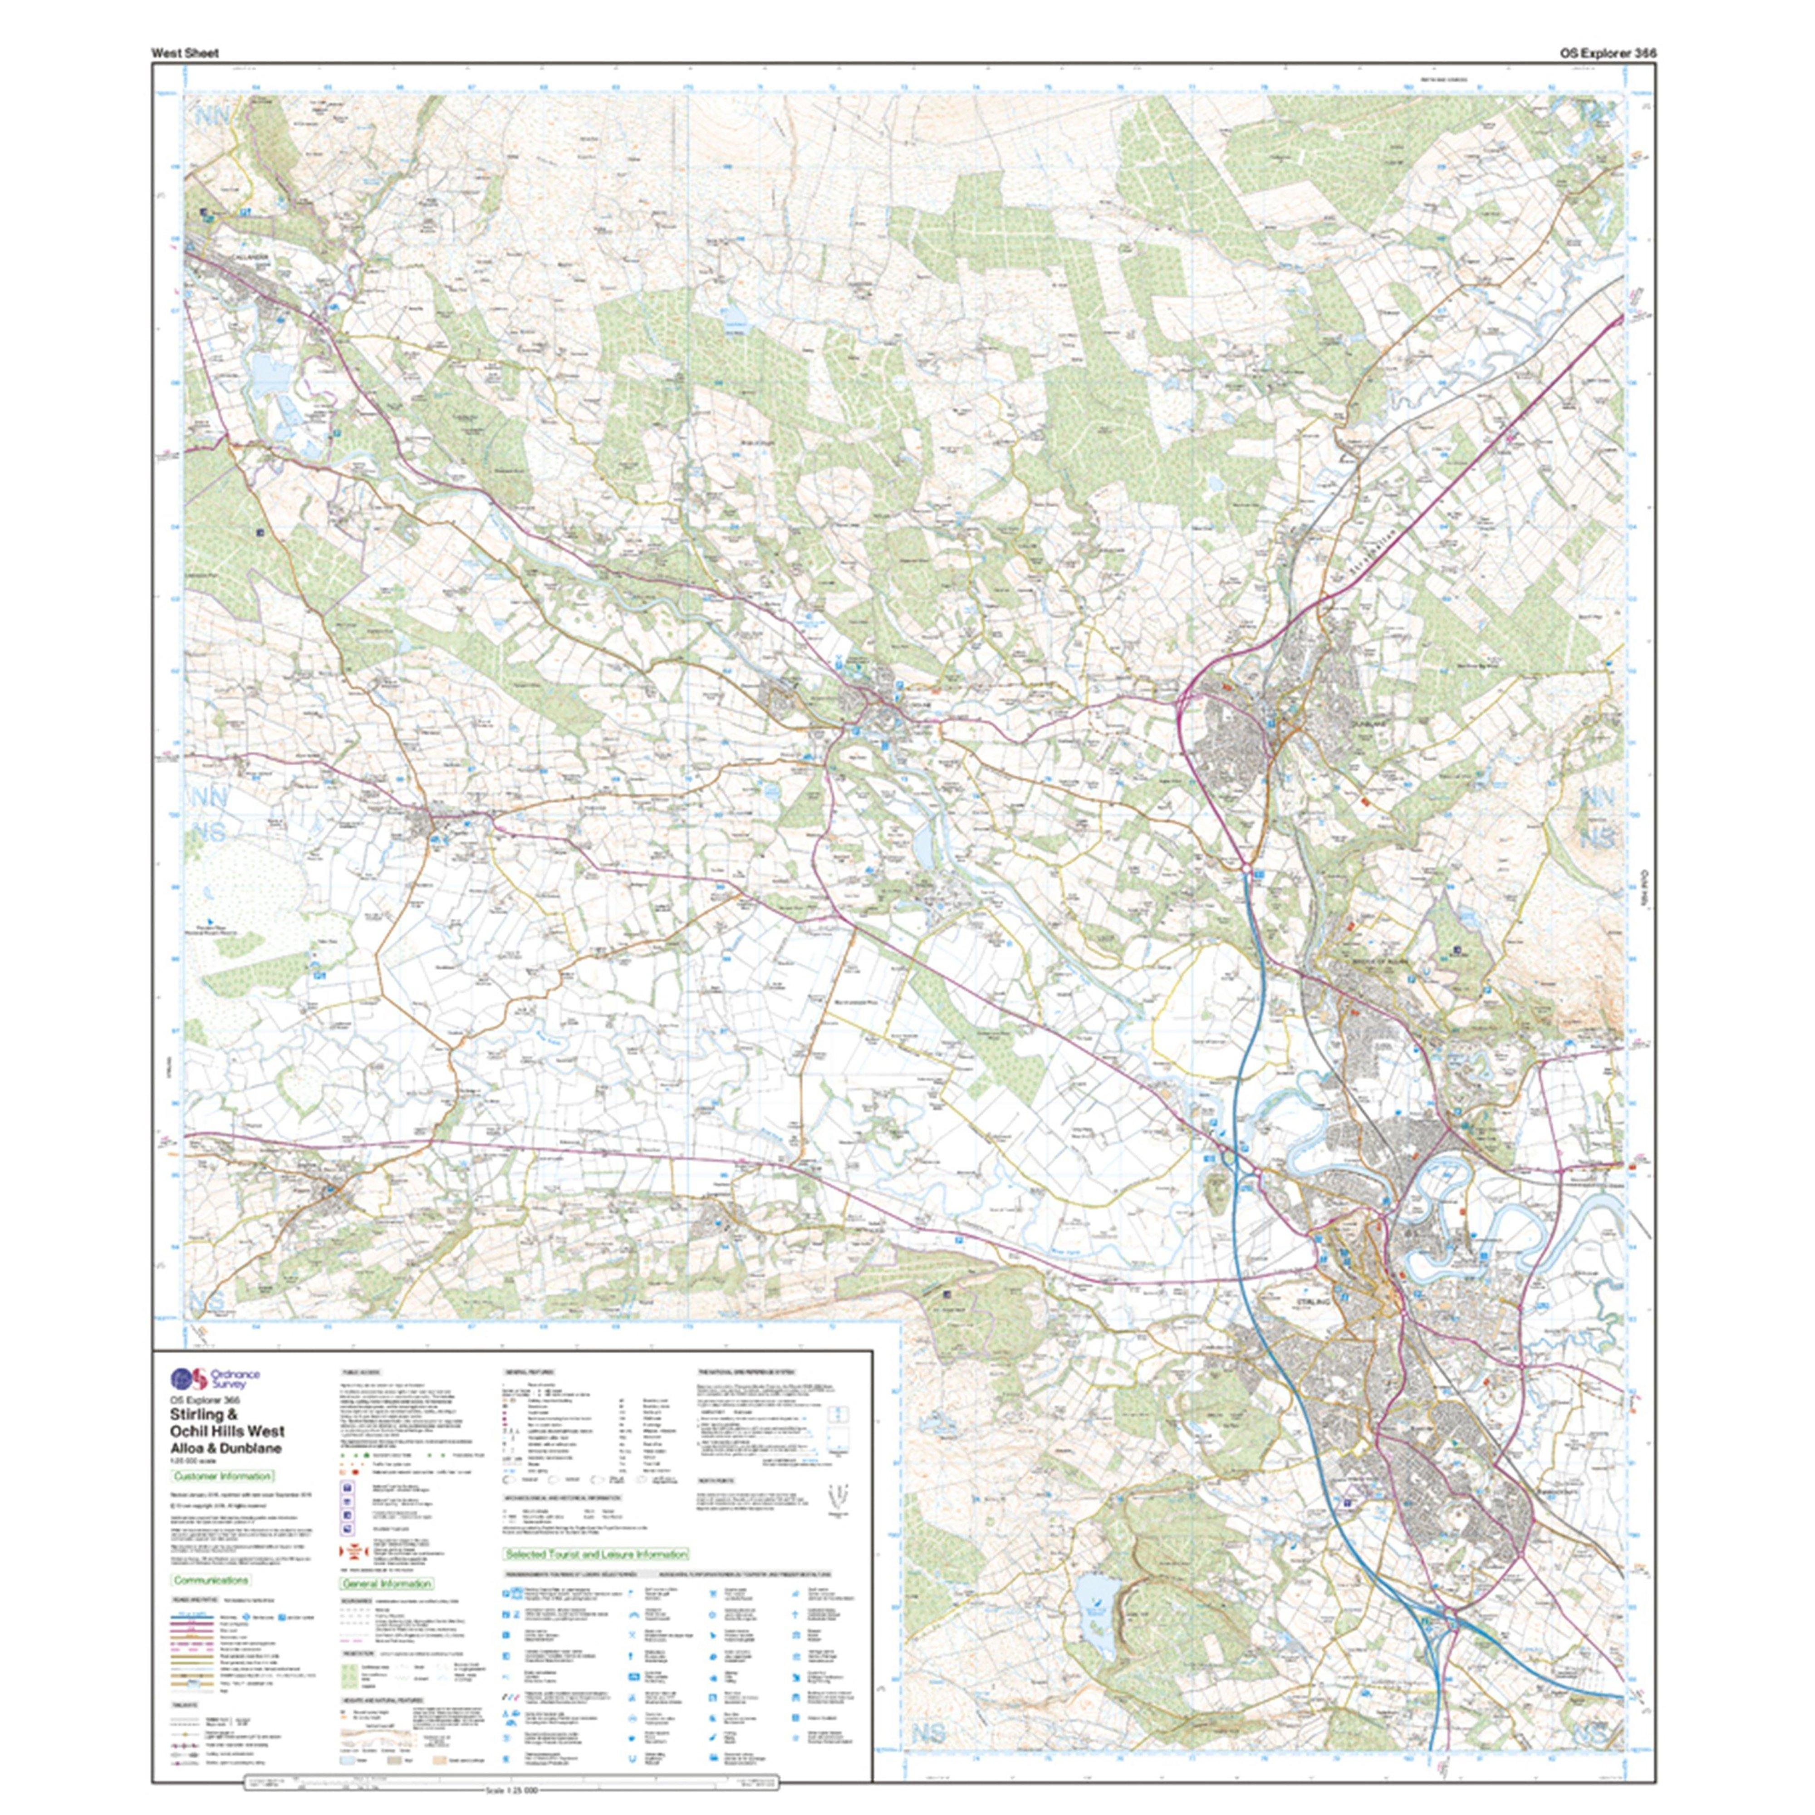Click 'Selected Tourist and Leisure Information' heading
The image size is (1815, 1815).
[x=597, y=1555]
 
